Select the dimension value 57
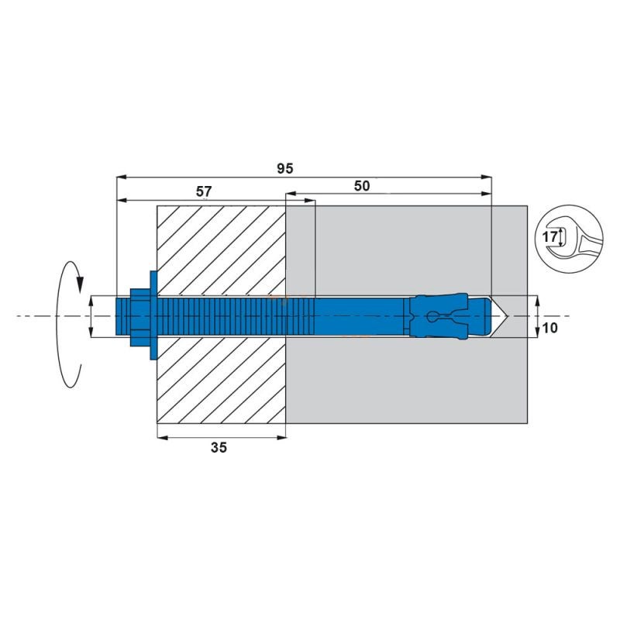pos(205,190)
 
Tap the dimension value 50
pos(361,185)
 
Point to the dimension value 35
pos(219,447)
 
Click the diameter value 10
pos(551,328)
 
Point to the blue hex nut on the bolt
pos(138,316)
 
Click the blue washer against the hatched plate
pos(152,316)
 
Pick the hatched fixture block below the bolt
pos(221,380)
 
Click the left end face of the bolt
pos(116,316)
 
